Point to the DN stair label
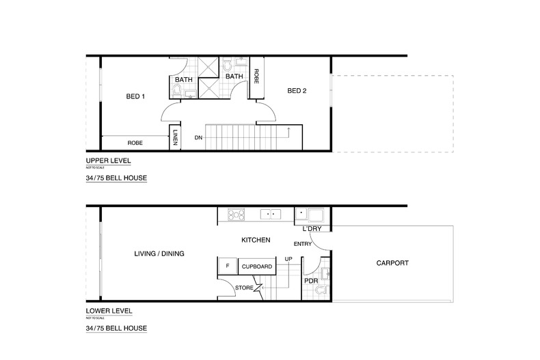(198, 137)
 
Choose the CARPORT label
(392, 262)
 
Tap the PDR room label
(310, 280)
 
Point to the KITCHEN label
(256, 240)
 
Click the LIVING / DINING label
(160, 253)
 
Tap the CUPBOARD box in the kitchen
(257, 266)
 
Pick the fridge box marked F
(226, 266)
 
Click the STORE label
(244, 288)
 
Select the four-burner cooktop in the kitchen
(236, 214)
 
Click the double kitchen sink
(272, 214)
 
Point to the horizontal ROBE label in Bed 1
(135, 143)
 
